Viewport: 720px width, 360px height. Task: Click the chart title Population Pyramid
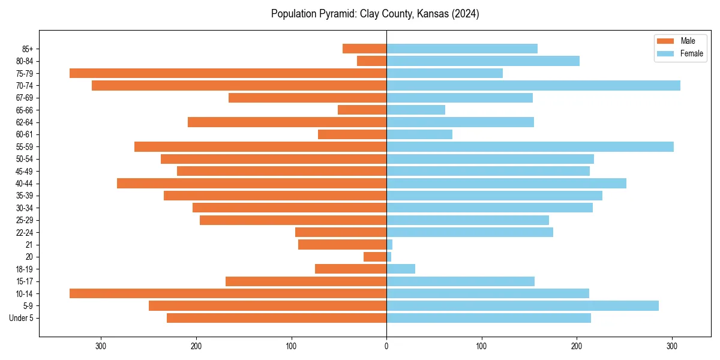375,14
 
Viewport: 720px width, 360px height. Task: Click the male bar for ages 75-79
228,73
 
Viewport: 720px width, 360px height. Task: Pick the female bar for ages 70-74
533,86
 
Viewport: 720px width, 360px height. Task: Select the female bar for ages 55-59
530,147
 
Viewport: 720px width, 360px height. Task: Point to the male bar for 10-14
228,293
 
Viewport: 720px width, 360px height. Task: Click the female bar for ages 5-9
523,306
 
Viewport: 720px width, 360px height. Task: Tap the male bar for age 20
375,257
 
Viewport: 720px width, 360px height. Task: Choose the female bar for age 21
389,245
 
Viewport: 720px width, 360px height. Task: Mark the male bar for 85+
364,49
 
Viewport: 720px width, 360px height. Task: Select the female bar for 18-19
401,269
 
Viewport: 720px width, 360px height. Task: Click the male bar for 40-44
251,184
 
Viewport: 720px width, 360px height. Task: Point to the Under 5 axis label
22,318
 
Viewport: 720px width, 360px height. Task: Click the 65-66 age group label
25,110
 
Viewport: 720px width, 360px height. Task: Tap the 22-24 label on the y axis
25,233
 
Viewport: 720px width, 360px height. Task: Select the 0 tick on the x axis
386,346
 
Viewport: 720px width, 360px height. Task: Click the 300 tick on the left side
101,346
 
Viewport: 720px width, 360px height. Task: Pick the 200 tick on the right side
577,346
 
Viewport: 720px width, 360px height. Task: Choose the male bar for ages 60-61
352,134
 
